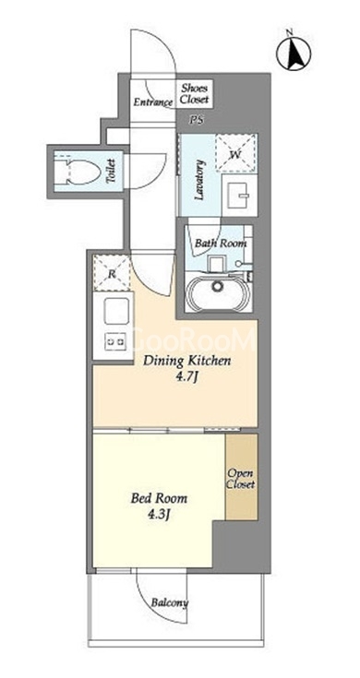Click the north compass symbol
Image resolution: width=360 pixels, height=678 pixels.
(293, 52)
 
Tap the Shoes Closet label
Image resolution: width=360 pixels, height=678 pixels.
(194, 93)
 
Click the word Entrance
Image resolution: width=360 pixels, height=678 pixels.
(152, 102)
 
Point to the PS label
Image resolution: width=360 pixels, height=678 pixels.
(197, 121)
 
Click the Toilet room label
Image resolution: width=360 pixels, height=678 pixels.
(111, 172)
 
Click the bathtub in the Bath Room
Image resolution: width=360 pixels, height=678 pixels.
(216, 293)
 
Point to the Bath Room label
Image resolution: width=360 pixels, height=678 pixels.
(221, 243)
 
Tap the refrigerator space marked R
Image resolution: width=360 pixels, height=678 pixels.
(111, 274)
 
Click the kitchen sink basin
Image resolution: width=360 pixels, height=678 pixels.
(117, 311)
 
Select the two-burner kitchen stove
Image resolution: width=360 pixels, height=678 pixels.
(116, 341)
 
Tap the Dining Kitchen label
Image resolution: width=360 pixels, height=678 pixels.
(186, 361)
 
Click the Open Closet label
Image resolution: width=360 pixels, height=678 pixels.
(241, 479)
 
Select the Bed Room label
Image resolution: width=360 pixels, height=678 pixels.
(159, 498)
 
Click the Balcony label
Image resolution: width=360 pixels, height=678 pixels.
(170, 603)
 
